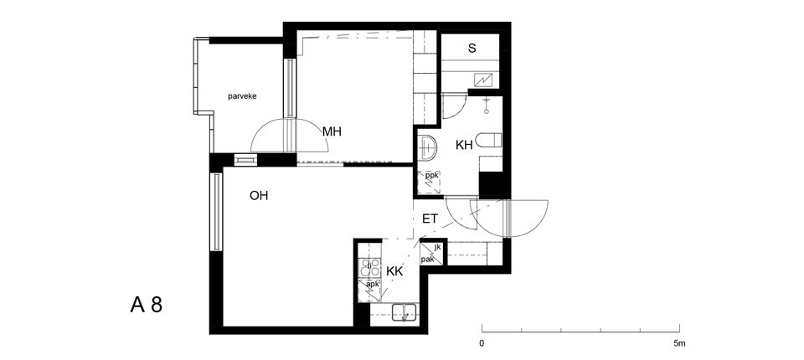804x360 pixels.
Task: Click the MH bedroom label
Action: (332, 131)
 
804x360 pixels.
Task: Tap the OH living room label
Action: (259, 196)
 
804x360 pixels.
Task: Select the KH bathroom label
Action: (464, 146)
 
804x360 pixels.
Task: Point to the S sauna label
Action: (472, 49)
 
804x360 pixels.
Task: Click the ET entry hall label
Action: (430, 219)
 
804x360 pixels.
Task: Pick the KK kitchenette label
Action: (394, 272)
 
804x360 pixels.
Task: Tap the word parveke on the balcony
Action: (242, 96)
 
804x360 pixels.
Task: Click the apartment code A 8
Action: (146, 305)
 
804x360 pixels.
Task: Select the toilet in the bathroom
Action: (488, 141)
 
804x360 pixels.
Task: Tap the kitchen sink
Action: (405, 312)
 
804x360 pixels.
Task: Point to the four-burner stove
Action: (369, 268)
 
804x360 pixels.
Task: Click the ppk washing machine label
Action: (432, 175)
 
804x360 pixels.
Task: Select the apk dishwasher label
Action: (373, 284)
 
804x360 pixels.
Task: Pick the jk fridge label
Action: (437, 247)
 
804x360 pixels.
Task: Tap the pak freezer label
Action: (428, 260)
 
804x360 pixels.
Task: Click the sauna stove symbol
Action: (483, 80)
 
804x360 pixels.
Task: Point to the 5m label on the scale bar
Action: (679, 343)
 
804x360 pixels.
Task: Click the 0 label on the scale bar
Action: (482, 343)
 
